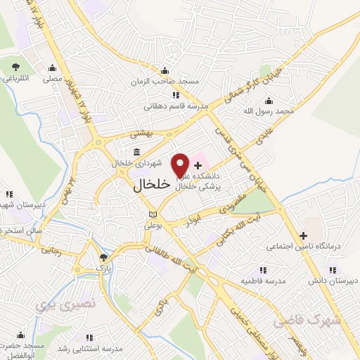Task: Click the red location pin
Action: pyautogui.click(x=181, y=164)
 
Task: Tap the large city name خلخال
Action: pyautogui.click(x=151, y=185)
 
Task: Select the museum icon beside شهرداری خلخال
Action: pyautogui.click(x=136, y=153)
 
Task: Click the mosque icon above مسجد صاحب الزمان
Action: pyautogui.click(x=164, y=70)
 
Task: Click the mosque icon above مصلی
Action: pyautogui.click(x=53, y=68)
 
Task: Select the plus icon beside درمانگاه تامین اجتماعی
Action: pyautogui.click(x=302, y=236)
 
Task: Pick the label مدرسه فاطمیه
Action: pyautogui.click(x=261, y=281)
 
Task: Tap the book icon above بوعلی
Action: pyautogui.click(x=153, y=214)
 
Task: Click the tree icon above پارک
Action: pyautogui.click(x=104, y=257)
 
